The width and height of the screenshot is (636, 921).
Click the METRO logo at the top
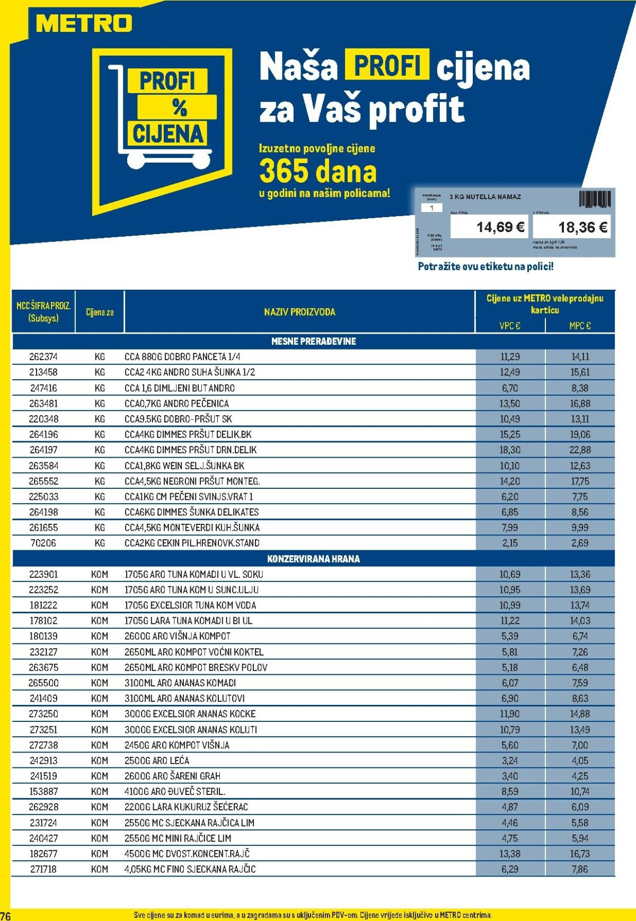(84, 24)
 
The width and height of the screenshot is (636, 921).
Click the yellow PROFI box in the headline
(387, 65)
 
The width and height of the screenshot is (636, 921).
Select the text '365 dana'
(318, 171)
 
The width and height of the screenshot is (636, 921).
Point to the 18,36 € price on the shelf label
(582, 227)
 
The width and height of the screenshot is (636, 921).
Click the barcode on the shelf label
(595, 199)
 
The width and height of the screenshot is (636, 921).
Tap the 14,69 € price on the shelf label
(500, 227)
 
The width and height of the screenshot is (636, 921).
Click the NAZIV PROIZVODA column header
(299, 312)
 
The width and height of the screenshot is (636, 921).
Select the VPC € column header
(510, 326)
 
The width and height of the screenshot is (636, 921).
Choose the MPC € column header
(580, 326)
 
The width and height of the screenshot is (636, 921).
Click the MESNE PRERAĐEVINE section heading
(313, 342)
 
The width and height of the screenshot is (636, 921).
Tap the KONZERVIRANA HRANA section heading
(313, 559)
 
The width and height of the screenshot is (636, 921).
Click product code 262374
(43, 357)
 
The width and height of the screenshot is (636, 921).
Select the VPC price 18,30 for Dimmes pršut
(510, 450)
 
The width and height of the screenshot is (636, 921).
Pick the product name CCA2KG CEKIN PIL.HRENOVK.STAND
(192, 543)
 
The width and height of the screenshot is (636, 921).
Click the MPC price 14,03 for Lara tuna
(580, 621)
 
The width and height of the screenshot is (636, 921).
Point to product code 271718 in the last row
(43, 869)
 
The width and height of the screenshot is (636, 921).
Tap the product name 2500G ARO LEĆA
(157, 761)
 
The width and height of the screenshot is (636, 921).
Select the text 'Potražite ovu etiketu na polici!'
(485, 267)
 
